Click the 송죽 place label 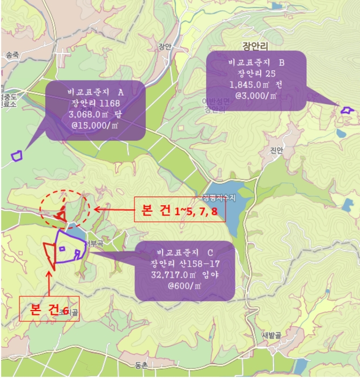[12, 55]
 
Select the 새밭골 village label [287, 334]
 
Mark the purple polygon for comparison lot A [17, 156]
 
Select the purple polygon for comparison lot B [347, 110]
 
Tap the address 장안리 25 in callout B [256, 73]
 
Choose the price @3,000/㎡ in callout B [256, 96]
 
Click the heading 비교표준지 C [185, 253]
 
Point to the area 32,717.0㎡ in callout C [185, 274]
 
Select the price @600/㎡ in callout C [185, 285]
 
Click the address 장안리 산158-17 [185, 264]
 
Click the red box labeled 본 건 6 [49, 309]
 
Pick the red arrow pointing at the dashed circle [113, 208]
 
